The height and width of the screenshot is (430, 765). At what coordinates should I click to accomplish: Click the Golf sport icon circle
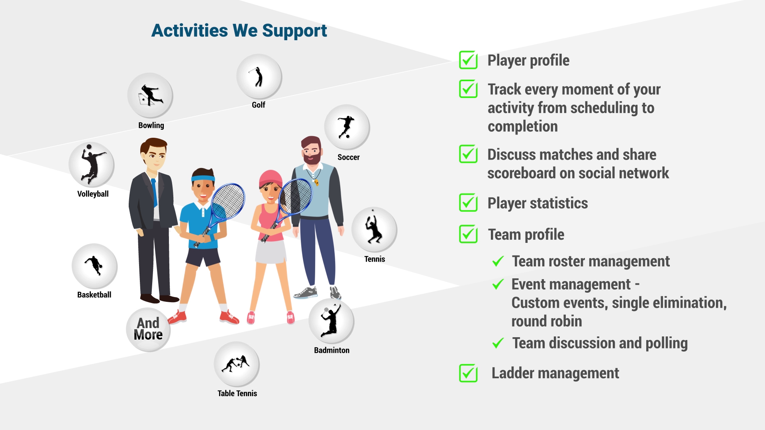[x=259, y=76]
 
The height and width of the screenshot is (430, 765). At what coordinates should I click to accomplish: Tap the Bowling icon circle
[x=150, y=96]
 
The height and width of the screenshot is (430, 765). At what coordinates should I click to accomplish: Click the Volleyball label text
[x=93, y=194]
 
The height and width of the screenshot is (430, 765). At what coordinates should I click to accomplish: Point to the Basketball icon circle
[x=94, y=266]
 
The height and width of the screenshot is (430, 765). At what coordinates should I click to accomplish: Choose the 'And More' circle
[x=148, y=329]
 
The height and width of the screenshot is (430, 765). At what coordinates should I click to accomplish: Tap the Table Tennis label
[x=237, y=393]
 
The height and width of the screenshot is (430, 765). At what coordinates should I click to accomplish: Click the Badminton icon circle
[x=331, y=321]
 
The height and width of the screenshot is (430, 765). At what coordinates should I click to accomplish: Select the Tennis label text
[x=375, y=259]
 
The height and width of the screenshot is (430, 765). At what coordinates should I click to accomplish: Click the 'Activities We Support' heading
[x=239, y=30]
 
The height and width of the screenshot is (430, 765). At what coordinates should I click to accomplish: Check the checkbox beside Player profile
[x=469, y=60]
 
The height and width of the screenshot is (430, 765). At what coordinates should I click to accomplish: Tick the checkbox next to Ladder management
[x=469, y=373]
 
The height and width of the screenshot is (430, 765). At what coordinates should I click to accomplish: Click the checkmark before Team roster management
[x=498, y=261]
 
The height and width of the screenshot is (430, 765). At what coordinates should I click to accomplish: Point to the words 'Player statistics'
[x=537, y=203]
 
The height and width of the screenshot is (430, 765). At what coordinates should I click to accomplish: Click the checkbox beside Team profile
[x=469, y=234]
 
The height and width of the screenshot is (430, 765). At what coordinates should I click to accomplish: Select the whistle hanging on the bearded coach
[x=317, y=182]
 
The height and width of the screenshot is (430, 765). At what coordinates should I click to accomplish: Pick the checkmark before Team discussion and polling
[x=498, y=343]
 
